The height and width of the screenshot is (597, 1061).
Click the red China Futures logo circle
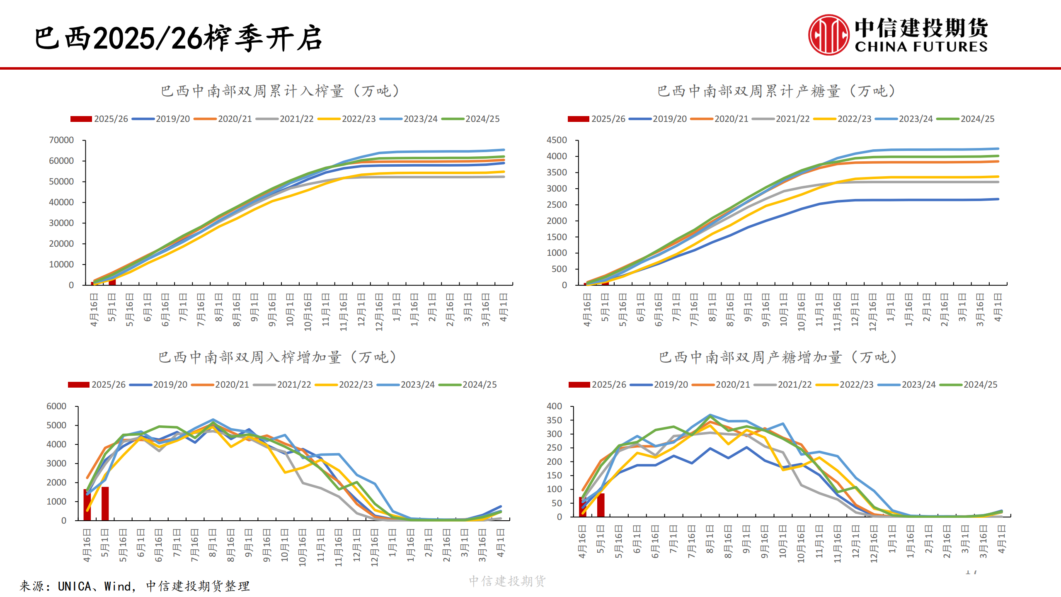click(x=828, y=35)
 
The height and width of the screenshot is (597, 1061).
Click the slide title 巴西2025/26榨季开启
click(x=178, y=38)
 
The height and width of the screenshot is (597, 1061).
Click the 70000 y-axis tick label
click(x=61, y=140)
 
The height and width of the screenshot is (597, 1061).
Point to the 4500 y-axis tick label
click(x=557, y=140)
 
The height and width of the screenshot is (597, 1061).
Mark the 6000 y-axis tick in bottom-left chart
click(x=56, y=406)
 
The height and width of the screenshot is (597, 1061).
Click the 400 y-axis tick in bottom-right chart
click(x=554, y=406)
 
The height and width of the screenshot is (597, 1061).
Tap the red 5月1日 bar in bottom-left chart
click(x=105, y=504)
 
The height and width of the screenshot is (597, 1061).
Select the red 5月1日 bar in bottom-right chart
click(x=601, y=505)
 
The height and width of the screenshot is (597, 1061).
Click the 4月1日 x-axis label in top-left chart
click(x=504, y=307)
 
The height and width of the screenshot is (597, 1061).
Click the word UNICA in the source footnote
click(x=75, y=586)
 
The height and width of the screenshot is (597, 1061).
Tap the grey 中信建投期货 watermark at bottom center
click(x=507, y=581)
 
